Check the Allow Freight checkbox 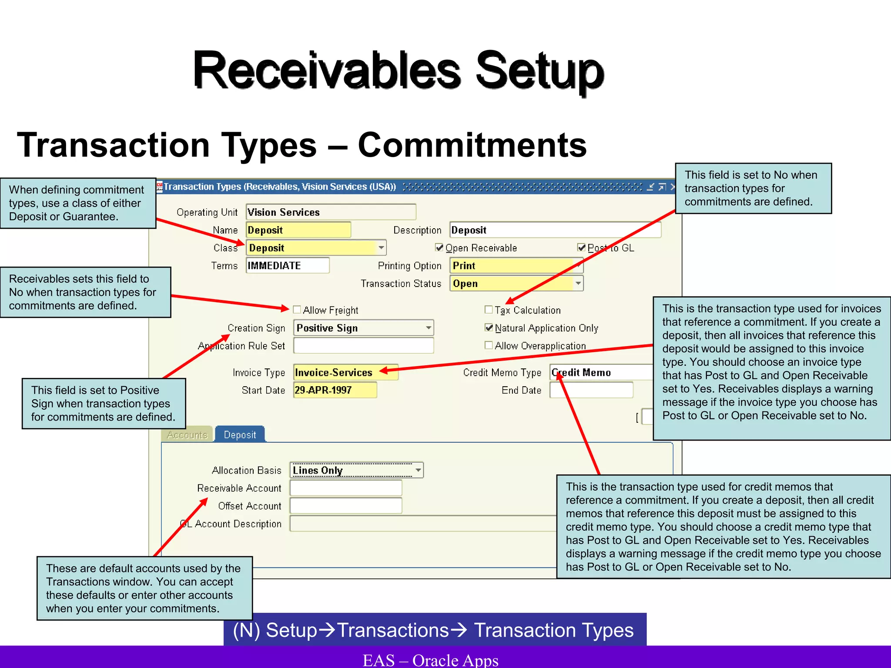tap(297, 310)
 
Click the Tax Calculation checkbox tap(489, 310)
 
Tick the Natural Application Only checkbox tap(489, 327)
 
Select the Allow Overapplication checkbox tap(489, 345)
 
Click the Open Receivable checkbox tap(439, 247)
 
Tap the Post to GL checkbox tap(582, 247)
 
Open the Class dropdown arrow tap(381, 247)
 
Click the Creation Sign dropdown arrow tap(429, 327)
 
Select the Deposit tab tap(240, 434)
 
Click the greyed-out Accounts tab tap(187, 434)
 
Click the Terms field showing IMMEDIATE tap(287, 265)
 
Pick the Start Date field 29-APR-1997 tap(334, 390)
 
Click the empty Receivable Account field tap(346, 488)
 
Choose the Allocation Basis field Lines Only tap(352, 470)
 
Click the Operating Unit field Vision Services tap(331, 212)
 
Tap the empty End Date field tap(591, 390)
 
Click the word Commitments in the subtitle tap(472, 145)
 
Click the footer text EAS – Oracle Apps tap(431, 660)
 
